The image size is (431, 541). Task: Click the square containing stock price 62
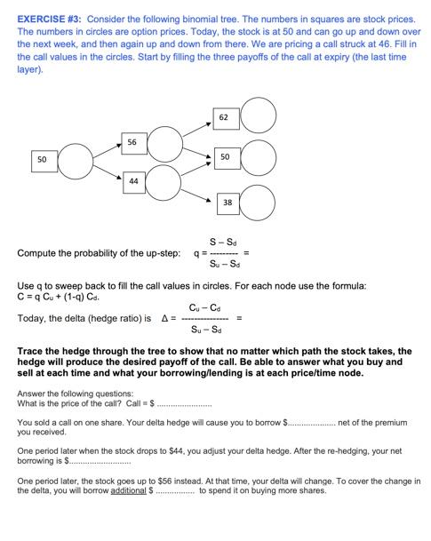[224, 116]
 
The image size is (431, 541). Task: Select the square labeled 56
[132, 141]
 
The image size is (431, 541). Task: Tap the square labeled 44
[132, 181]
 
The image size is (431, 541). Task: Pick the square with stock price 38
[227, 203]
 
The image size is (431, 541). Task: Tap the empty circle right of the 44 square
[166, 182]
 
